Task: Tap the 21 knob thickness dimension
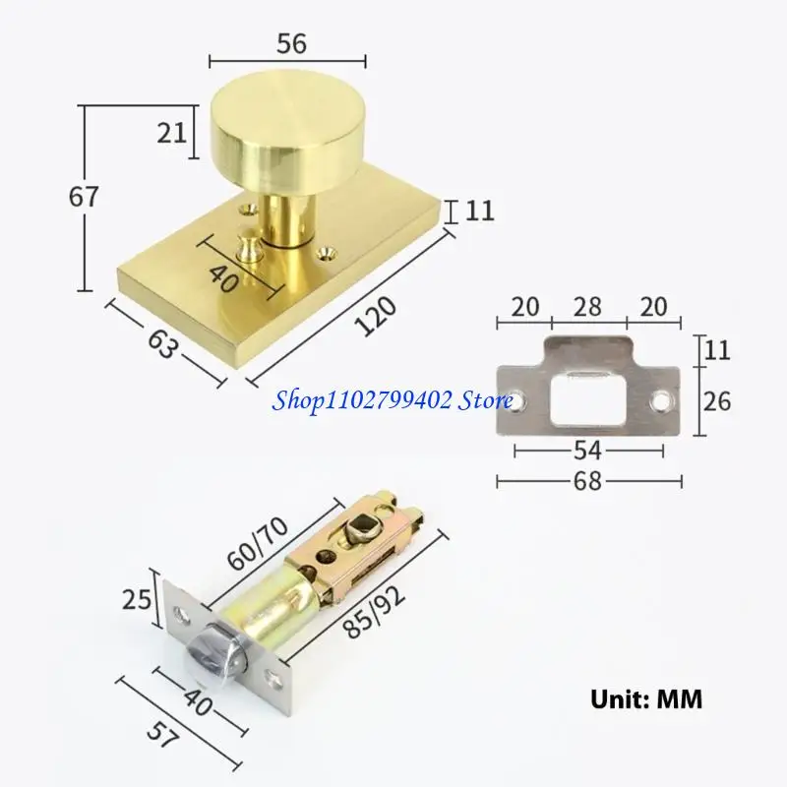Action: (171, 131)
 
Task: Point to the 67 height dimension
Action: (85, 197)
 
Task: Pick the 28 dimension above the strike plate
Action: (588, 306)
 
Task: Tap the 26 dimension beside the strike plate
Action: (718, 399)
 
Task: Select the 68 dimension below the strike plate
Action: (589, 481)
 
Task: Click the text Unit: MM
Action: (646, 700)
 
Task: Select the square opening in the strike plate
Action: (588, 399)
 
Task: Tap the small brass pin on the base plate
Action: (252, 242)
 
